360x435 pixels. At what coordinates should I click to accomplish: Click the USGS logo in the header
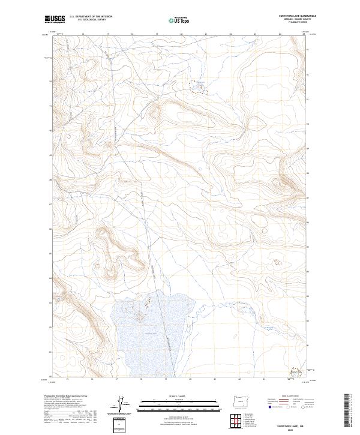pos(55,19)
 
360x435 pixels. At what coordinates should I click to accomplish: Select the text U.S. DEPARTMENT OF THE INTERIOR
pos(89,17)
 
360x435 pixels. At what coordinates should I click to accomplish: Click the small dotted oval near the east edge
pos(277,262)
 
